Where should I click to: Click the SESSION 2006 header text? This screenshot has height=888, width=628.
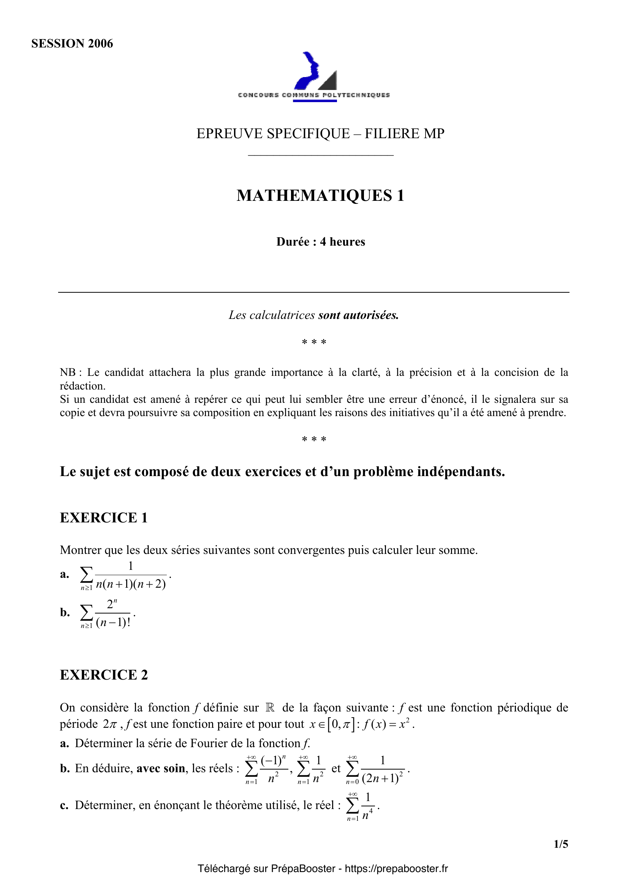72,43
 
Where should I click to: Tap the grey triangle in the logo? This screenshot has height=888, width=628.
329,82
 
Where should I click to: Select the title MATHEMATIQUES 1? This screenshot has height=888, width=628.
320,195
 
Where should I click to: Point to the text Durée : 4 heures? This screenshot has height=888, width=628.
320,242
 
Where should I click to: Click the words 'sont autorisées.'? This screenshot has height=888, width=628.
358,315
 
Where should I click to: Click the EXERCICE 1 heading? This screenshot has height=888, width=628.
104,517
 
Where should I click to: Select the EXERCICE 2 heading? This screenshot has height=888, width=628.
104,675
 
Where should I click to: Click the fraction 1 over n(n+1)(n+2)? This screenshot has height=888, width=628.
131,575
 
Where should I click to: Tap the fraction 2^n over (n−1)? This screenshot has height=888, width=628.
112,613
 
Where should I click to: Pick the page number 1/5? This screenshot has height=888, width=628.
561,844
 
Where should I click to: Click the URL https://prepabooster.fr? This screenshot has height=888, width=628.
396,869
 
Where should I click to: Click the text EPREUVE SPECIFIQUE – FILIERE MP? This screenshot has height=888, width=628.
320,133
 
